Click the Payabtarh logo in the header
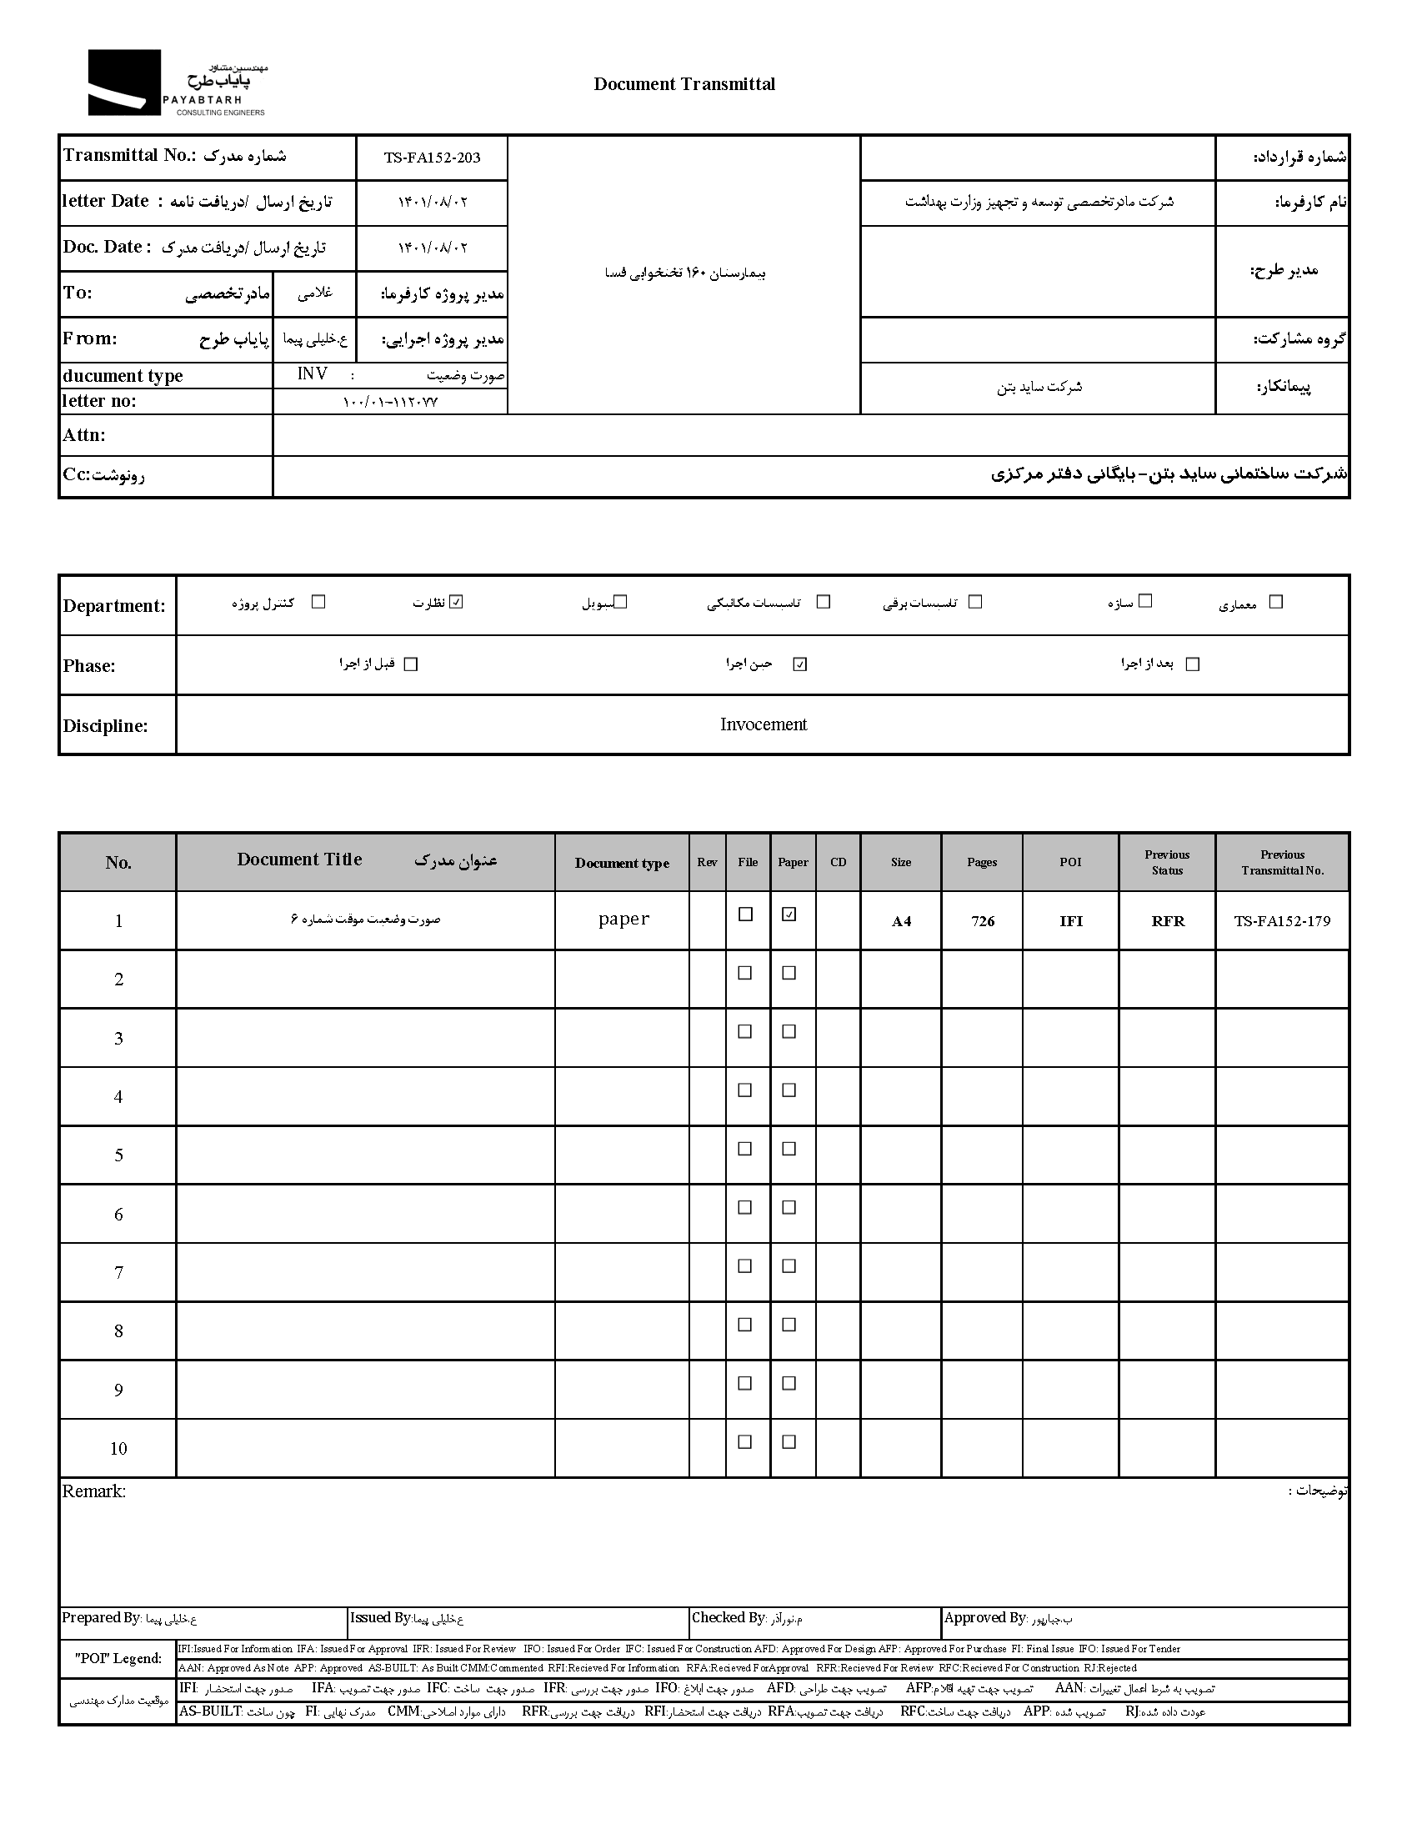click(176, 83)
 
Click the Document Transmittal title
click(684, 84)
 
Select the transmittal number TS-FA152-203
click(432, 158)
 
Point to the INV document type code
click(313, 373)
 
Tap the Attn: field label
click(84, 435)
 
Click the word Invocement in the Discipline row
click(763, 724)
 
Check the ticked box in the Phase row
click(800, 664)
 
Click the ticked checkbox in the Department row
click(456, 602)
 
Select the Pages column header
click(981, 863)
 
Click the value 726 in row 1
click(982, 921)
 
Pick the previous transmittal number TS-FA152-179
click(1282, 921)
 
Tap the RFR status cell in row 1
click(1167, 921)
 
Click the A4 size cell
click(901, 921)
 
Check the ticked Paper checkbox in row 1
click(789, 914)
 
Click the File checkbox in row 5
click(744, 1149)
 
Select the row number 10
click(118, 1449)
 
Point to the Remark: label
click(94, 1491)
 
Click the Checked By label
click(728, 1617)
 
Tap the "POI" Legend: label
click(118, 1658)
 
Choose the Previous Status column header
click(1167, 863)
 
